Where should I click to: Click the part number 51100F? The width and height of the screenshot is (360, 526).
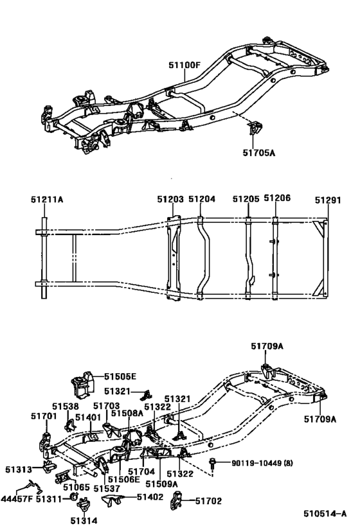[184, 65]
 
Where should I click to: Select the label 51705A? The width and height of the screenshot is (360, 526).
[258, 153]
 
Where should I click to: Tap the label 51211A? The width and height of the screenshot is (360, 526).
[47, 199]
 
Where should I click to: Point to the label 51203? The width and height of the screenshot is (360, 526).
[170, 199]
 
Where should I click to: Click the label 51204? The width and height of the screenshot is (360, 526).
[202, 199]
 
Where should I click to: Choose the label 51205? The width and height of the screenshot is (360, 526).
[246, 199]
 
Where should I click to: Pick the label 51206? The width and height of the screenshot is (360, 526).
[277, 198]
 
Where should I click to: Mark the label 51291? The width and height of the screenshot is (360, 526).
[328, 200]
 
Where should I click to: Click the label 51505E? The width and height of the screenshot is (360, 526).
[120, 376]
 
